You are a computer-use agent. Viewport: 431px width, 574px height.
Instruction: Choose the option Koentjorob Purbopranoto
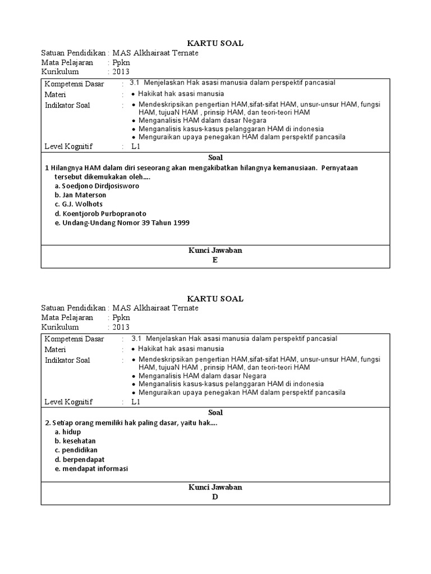(100, 214)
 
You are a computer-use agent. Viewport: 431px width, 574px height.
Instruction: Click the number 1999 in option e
(180, 223)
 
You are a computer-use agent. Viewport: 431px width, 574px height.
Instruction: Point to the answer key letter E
(215, 260)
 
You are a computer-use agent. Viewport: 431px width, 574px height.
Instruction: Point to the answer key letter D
(215, 497)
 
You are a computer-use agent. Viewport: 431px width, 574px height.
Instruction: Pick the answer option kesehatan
(79, 441)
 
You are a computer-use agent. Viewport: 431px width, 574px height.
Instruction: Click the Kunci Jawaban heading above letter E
(215, 251)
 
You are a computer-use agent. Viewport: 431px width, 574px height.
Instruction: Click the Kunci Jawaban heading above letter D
(215, 488)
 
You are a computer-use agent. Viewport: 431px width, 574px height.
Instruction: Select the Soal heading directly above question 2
(215, 413)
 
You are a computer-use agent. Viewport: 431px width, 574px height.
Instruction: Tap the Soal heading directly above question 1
(215, 158)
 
